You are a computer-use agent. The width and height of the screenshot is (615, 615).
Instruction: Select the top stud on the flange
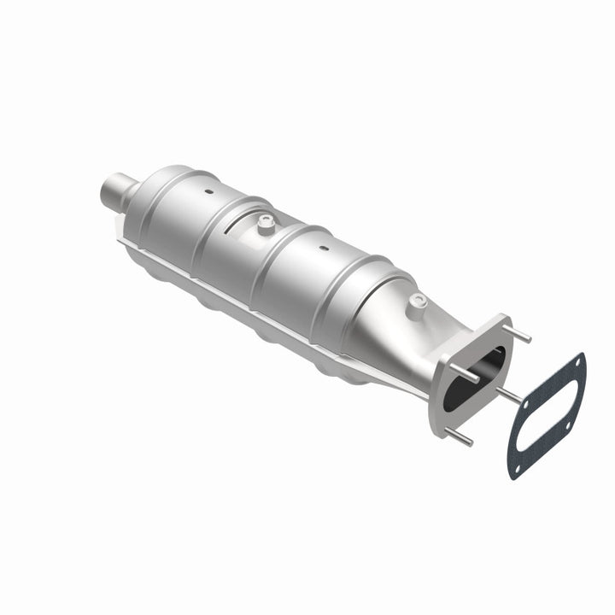(516, 336)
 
